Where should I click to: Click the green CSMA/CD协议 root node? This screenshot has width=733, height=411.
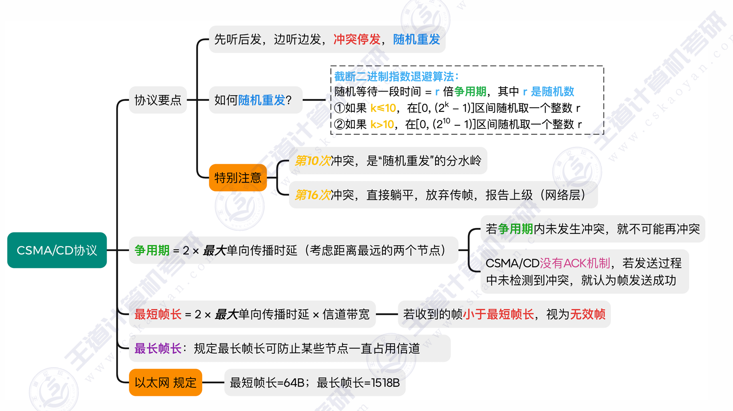click(x=57, y=250)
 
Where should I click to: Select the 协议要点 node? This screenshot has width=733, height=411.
click(x=158, y=100)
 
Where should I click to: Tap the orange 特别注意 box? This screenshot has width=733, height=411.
click(x=238, y=178)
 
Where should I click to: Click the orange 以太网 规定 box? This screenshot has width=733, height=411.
click(x=166, y=383)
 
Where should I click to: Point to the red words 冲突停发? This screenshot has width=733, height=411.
click(x=357, y=39)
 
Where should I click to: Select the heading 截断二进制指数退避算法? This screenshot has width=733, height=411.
click(x=396, y=76)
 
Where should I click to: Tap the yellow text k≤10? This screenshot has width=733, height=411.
click(x=383, y=108)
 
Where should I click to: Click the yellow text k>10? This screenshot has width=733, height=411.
click(x=382, y=124)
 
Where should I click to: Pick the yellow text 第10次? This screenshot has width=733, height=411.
click(x=312, y=161)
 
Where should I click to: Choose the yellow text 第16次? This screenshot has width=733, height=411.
click(x=312, y=195)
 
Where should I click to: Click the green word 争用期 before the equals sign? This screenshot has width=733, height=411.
click(x=152, y=250)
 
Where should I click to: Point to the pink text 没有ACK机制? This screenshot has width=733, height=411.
click(x=575, y=263)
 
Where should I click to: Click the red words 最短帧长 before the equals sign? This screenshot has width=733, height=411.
click(x=158, y=314)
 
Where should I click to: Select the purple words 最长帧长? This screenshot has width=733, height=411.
click(x=158, y=349)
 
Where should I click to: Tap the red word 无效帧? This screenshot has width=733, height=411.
click(x=588, y=314)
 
